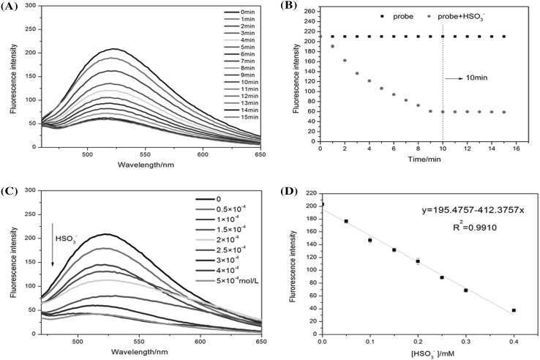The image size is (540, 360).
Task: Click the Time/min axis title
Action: coord(421,159)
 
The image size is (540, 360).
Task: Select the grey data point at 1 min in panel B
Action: coord(331,46)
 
